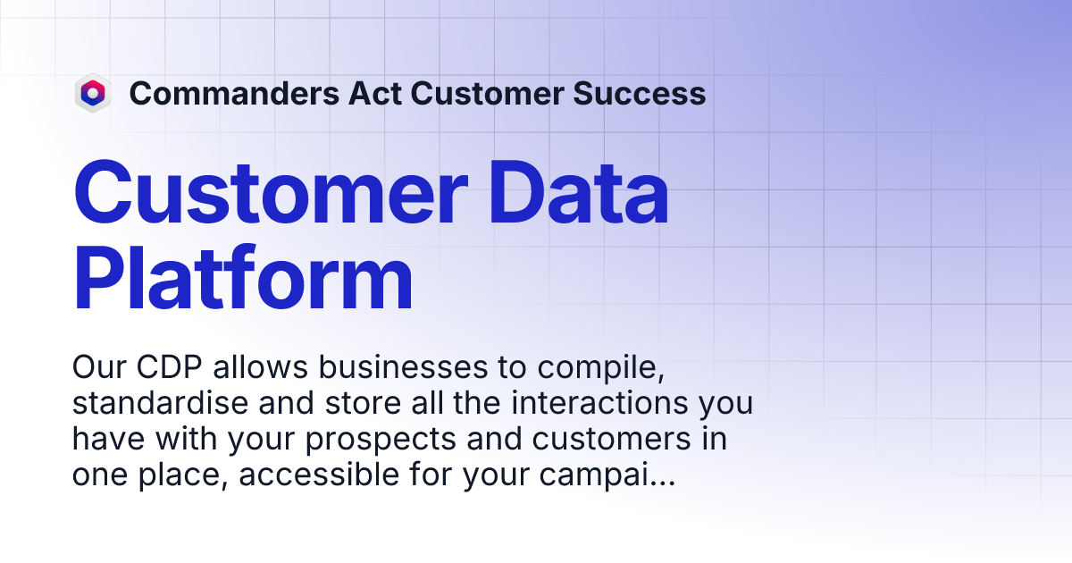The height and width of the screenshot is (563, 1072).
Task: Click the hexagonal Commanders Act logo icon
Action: pyautogui.click(x=92, y=93)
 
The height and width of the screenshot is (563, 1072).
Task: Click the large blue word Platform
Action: pyautogui.click(x=243, y=279)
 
